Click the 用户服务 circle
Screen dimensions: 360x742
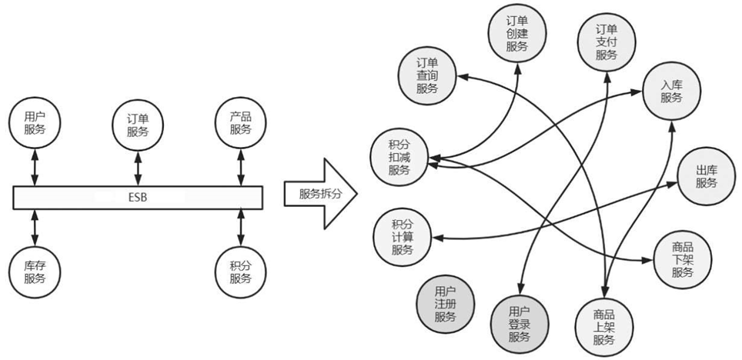(35, 122)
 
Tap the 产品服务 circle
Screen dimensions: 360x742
(240, 122)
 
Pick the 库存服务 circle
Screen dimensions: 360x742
(35, 271)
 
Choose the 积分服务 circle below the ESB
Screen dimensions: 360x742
(240, 271)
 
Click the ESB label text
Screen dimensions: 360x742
(139, 198)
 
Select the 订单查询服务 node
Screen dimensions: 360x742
(426, 75)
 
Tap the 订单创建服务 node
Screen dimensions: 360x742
(516, 34)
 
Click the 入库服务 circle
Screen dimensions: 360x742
(671, 91)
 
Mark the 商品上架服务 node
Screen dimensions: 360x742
(603, 327)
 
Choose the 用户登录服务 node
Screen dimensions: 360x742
(519, 324)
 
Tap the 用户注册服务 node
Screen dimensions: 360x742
(445, 303)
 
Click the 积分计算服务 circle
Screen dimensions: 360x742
(402, 236)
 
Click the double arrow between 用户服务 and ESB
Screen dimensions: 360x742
(35, 168)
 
